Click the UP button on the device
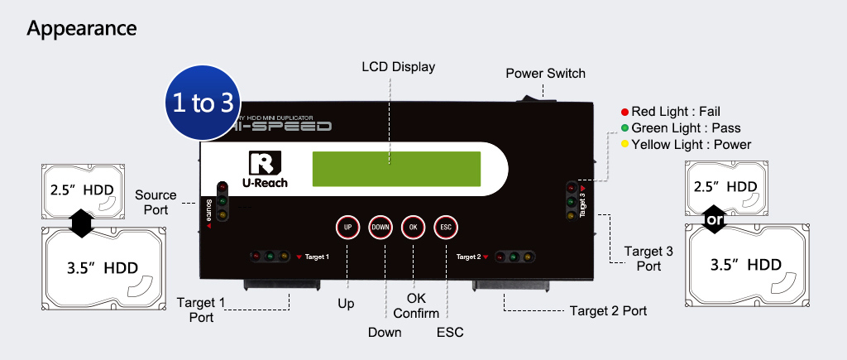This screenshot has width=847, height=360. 348,227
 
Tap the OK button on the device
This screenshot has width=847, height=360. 413,227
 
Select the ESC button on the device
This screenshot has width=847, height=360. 445,227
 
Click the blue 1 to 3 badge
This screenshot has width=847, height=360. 203,103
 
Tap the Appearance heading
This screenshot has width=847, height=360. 81,28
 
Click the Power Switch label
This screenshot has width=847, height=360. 545,74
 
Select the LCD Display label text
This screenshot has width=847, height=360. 399,66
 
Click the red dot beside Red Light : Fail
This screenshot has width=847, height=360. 624,112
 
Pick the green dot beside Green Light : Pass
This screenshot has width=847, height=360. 624,128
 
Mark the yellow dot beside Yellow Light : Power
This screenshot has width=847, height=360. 624,145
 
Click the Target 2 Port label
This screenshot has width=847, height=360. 608,311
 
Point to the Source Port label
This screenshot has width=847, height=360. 156,202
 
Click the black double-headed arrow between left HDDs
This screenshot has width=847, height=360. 80,223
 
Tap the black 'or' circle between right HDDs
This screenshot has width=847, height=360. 714,220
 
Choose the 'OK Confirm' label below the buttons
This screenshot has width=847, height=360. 416,305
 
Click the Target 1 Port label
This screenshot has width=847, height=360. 201,310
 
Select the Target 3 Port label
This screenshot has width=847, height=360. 648,258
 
